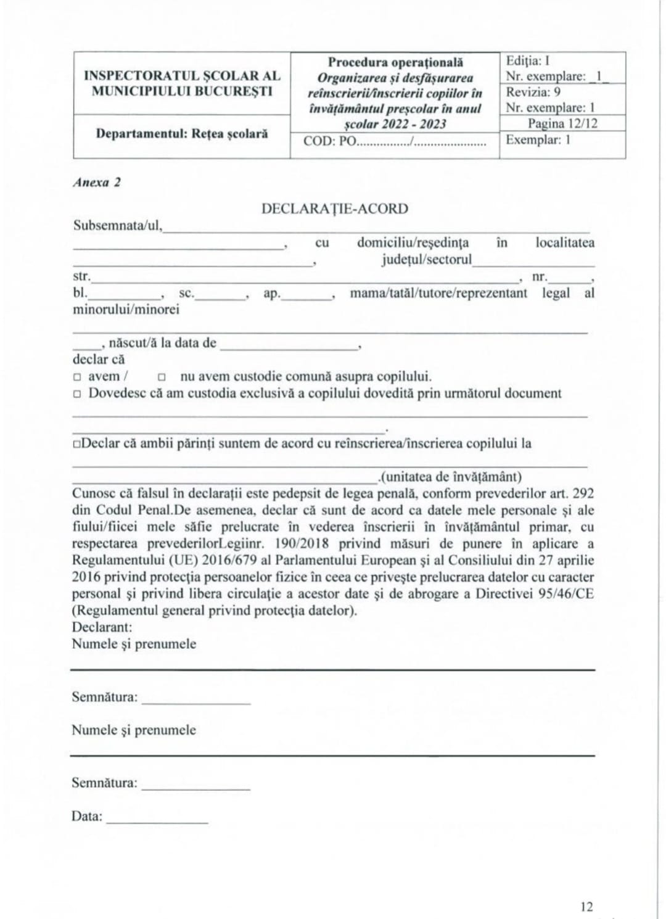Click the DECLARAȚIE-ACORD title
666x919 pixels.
(334, 208)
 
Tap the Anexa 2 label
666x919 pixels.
(97, 183)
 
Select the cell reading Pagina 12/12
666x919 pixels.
(562, 123)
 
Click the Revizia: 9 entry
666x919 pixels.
(533, 92)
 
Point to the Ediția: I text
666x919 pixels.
(528, 60)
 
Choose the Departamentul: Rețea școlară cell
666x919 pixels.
(182, 133)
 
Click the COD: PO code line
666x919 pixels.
(394, 141)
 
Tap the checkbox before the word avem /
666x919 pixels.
(77, 377)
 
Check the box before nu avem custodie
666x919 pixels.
(162, 377)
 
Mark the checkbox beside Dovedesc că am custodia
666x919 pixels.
(77, 394)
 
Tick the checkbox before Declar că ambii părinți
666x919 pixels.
(76, 444)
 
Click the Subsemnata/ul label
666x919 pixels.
(118, 226)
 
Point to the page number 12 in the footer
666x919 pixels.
(586, 907)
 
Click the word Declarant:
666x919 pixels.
(102, 627)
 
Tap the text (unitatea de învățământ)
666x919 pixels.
(451, 477)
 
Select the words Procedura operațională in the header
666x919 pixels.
(395, 62)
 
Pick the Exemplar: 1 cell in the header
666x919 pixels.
(538, 140)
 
